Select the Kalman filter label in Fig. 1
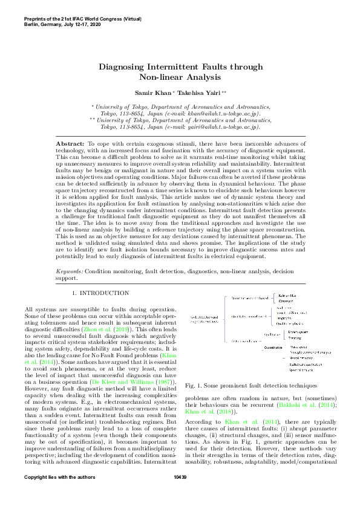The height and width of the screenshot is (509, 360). click(x=287, y=296)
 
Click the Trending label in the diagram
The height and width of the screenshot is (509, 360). click(x=290, y=338)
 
